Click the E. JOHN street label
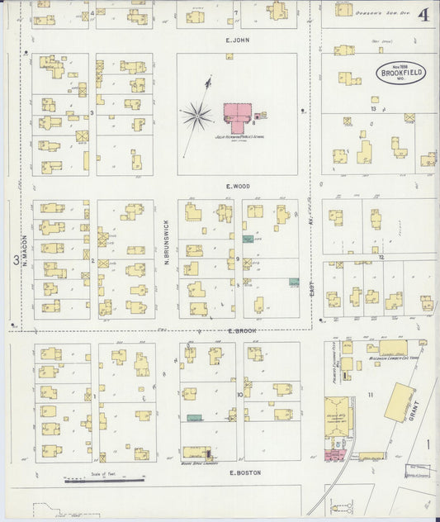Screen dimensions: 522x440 (237, 39)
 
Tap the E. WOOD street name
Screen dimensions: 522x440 (238, 187)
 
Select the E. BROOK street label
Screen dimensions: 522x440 (239, 330)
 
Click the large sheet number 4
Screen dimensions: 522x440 (423, 14)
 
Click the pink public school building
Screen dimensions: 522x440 (239, 116)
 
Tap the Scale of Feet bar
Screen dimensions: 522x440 (104, 478)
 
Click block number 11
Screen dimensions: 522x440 (371, 396)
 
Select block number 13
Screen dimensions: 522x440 (374, 108)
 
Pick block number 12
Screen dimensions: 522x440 (381, 258)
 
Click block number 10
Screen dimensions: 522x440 (239, 394)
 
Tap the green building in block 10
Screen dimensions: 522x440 (194, 418)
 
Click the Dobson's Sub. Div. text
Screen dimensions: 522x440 (366, 13)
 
